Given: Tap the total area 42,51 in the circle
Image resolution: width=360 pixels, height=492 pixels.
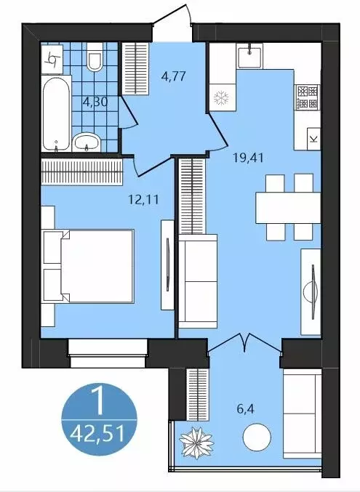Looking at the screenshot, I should coord(97,435).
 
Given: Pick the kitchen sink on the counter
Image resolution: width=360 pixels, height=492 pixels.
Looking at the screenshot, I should coord(252,51).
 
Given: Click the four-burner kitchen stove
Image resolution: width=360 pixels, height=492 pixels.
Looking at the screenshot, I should coord(306,97).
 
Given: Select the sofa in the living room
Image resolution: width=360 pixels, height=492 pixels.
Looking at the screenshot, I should coord(197,281).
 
